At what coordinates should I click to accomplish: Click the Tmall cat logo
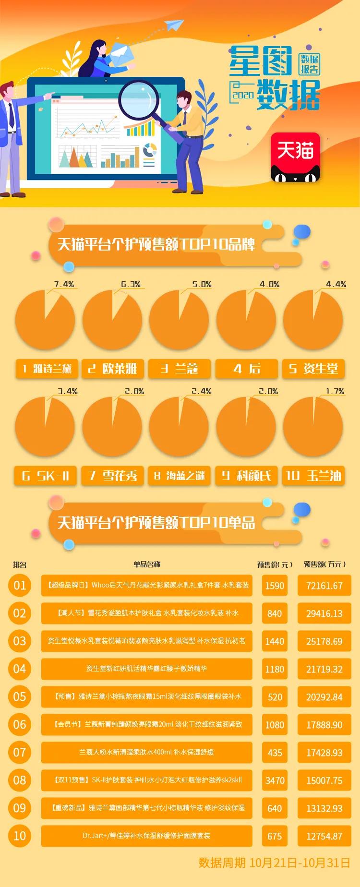click(x=295, y=157)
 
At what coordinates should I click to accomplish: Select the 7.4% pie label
click(x=64, y=284)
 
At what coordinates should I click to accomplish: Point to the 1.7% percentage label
click(x=335, y=391)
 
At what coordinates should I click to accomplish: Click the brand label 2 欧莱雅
click(x=112, y=369)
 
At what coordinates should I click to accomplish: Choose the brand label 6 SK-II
click(x=46, y=476)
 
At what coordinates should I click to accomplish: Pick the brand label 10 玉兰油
click(x=313, y=476)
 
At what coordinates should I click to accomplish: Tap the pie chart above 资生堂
click(x=313, y=320)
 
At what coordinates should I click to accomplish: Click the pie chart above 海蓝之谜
click(x=179, y=427)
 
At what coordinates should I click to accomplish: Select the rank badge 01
click(x=20, y=585)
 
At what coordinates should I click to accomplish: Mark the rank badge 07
click(x=20, y=752)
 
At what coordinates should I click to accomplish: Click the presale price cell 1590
click(x=275, y=586)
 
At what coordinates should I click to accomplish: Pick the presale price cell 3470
click(x=275, y=780)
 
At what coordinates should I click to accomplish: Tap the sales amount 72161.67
click(x=324, y=586)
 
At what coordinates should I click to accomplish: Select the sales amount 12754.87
click(x=324, y=836)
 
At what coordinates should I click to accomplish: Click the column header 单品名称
click(x=147, y=564)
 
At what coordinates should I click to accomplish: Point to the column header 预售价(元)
click(x=275, y=564)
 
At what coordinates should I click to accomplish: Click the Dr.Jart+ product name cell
click(x=146, y=836)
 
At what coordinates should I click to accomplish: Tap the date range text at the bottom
click(x=274, y=863)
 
